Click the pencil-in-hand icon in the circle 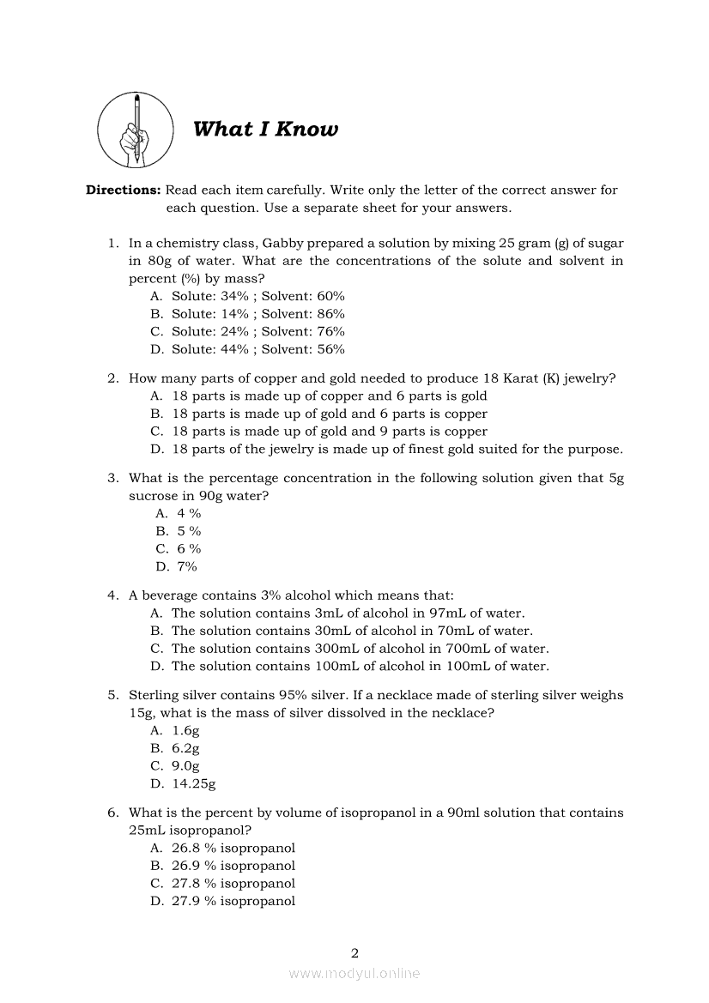coord(136,130)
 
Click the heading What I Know coord(265,130)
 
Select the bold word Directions coord(123,190)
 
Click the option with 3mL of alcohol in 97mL coord(348,613)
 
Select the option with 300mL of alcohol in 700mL coord(360,649)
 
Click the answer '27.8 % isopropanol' coord(233,883)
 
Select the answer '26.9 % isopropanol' coord(233,866)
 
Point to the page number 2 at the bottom coord(354,952)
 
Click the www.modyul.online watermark coord(354,974)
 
